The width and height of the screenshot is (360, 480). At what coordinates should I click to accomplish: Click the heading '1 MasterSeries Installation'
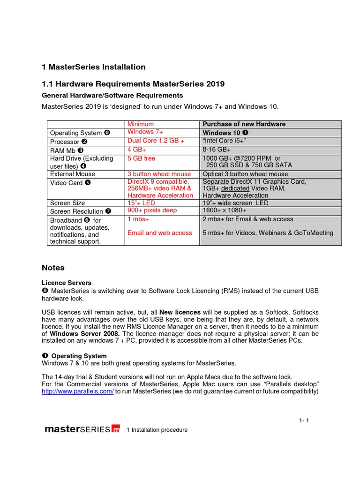94,67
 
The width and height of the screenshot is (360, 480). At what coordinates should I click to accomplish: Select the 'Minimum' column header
141,124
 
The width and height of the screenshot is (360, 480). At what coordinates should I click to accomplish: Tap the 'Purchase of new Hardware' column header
244,124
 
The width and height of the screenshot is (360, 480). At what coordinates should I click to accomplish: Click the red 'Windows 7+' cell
145,132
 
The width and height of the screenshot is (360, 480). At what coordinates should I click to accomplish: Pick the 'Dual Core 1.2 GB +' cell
156,141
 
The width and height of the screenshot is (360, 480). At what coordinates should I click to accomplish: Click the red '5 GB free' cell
141,158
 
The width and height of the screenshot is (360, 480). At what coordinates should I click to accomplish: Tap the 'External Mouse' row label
72,174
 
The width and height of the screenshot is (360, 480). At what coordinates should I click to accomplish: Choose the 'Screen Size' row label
67,203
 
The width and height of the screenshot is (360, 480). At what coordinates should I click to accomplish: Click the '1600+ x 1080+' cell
225,210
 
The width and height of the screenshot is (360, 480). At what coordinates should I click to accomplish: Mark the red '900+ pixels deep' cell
152,210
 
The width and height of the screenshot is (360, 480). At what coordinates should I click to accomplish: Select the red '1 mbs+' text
138,219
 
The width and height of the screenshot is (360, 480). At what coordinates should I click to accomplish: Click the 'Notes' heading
53,268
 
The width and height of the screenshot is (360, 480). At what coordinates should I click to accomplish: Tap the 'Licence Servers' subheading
67,283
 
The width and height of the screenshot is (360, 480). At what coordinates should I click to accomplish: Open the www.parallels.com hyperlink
78,391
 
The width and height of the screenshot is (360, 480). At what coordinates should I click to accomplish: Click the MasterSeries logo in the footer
82,429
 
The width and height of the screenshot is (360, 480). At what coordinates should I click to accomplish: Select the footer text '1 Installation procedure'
157,430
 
